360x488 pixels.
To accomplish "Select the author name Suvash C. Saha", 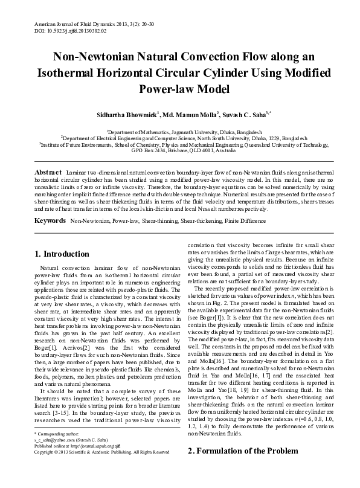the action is (x=249, y=114).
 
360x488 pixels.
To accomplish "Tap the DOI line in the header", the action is (x=62, y=30).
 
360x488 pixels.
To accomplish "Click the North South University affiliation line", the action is (x=180, y=137).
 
